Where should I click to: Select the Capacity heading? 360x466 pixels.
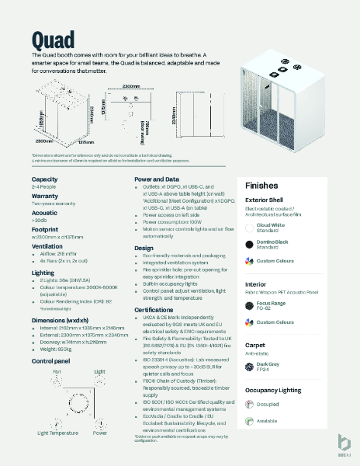tap(46, 179)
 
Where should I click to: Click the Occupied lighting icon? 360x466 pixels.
tap(248, 404)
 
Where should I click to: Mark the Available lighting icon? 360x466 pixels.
tap(248, 421)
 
